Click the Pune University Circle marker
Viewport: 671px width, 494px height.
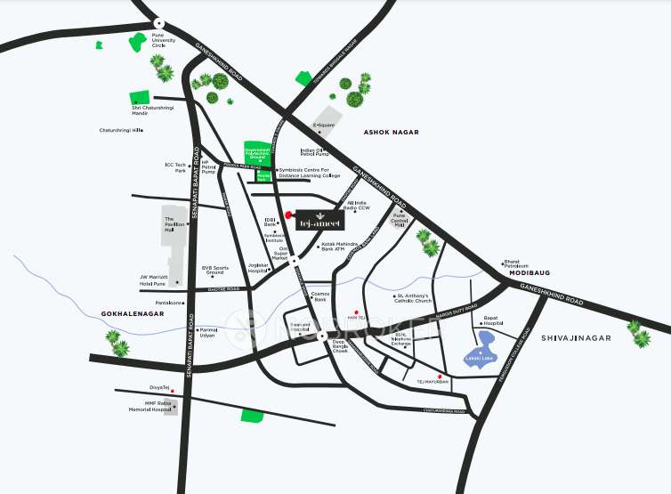pos(158,24)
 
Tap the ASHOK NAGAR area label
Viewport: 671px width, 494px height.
pos(391,132)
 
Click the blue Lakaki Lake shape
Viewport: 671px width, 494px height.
pos(479,357)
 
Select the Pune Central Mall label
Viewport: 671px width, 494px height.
pos(406,220)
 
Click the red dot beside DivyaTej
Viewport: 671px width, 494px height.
pos(173,391)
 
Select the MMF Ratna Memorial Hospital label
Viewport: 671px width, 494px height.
pos(150,406)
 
